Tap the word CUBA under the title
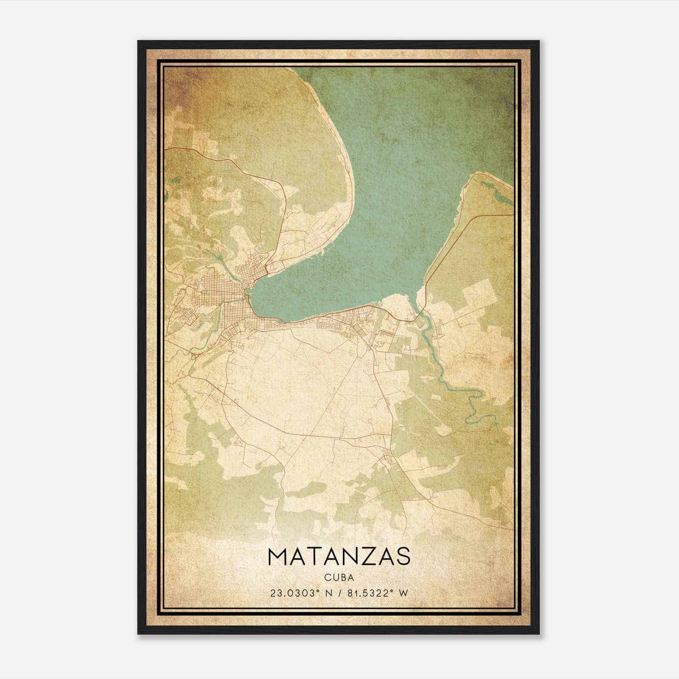coord(339,577)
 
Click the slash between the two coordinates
coord(339,593)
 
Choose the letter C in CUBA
coord(328,577)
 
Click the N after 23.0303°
coord(328,593)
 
